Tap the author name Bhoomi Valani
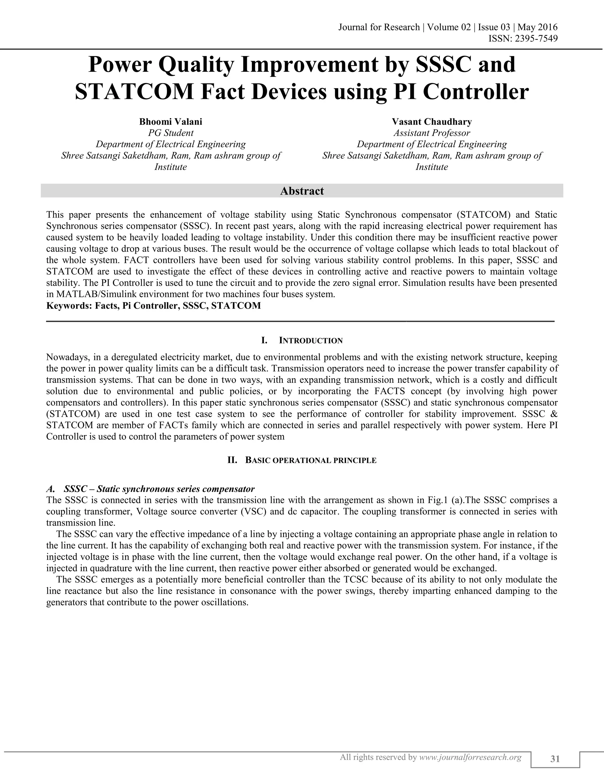[171, 122]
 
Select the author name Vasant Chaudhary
[432, 122]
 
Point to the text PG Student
[171, 133]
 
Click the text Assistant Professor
[432, 133]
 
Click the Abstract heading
[302, 191]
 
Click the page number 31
[555, 759]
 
